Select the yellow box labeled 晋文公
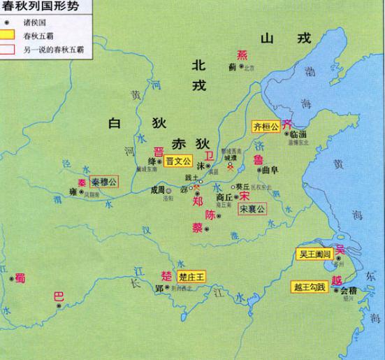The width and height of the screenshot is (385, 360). click(x=180, y=161)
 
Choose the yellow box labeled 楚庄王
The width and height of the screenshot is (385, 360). click(x=191, y=276)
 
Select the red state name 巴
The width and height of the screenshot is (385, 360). click(x=59, y=296)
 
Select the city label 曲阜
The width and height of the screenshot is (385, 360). click(x=268, y=169)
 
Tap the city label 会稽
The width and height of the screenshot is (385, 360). click(x=349, y=289)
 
